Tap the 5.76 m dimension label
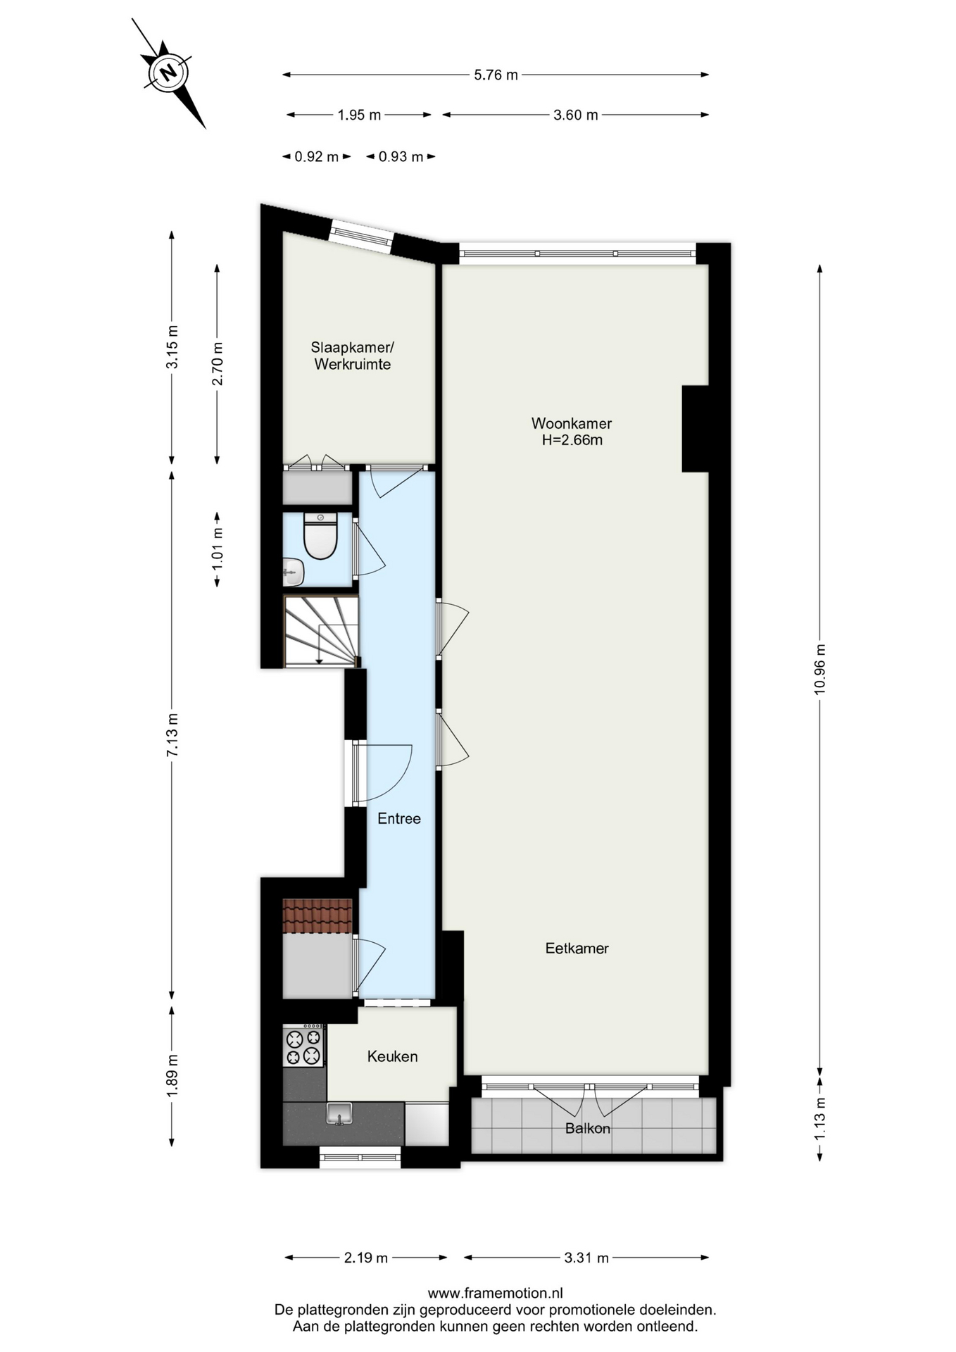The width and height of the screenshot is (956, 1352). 496,75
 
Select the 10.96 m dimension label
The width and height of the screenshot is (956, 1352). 819,669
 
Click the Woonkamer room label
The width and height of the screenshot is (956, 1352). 571,423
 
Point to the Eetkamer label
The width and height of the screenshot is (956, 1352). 577,948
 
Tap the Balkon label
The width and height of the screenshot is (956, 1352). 587,1128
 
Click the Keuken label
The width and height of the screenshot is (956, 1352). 392,1056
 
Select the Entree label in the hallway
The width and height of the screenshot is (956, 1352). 398,818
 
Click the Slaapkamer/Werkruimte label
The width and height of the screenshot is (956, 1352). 352,356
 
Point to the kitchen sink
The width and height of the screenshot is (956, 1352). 339,1113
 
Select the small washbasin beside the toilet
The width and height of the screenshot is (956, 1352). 293,572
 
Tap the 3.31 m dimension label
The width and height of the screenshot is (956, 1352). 586,1257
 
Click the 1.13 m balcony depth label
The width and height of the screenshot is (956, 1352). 819,1119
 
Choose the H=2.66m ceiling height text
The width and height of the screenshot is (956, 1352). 572,440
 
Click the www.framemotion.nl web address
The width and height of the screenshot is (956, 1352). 495,1292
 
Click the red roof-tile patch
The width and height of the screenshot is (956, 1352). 317,915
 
